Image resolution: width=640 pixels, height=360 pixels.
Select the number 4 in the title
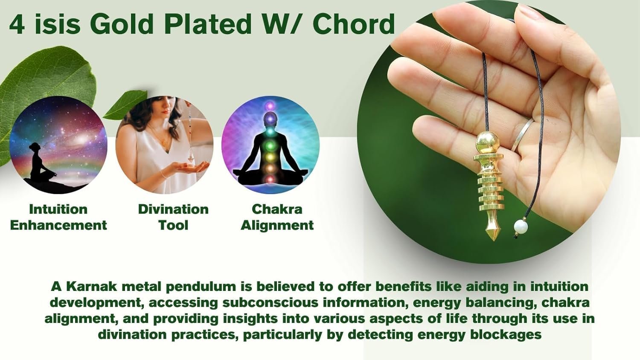click(17, 25)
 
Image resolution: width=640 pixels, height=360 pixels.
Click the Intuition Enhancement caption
click(58, 217)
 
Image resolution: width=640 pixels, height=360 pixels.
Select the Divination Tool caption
click(173, 217)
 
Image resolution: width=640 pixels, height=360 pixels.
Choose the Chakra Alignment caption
click(277, 217)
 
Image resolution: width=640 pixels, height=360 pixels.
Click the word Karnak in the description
click(91, 287)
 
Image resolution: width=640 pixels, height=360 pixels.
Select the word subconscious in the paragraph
click(270, 303)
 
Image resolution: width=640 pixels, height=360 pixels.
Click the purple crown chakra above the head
click(270, 106)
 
